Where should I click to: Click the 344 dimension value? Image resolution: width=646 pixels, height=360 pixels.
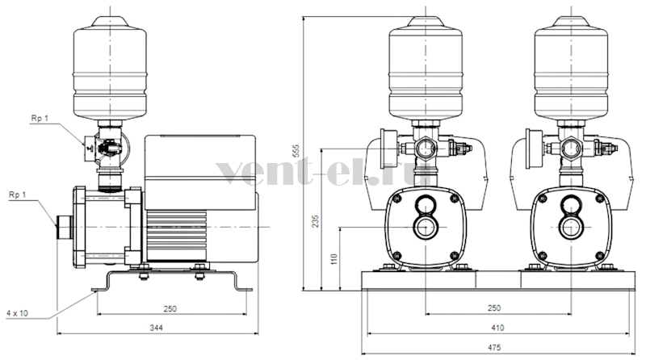point(156,328)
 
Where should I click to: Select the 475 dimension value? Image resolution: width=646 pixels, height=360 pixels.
point(494,348)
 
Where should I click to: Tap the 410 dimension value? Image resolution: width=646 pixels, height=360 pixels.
point(497,328)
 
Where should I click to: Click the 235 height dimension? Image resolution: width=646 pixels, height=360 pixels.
point(316,221)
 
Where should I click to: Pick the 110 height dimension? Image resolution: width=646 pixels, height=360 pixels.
point(334,258)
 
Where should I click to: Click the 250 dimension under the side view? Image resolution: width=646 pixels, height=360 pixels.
point(170,308)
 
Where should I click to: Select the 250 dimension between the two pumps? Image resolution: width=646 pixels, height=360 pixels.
point(494,308)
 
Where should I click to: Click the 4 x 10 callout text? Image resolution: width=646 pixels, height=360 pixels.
point(17,313)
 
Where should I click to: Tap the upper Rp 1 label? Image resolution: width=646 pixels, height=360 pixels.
point(40,118)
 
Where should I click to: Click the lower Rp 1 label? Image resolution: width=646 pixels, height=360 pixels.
point(17,195)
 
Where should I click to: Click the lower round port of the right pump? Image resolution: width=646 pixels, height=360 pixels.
point(571,227)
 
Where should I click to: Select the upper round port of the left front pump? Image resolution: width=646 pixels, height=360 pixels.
point(426,203)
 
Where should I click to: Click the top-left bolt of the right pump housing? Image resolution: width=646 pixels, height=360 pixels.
point(542,199)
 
